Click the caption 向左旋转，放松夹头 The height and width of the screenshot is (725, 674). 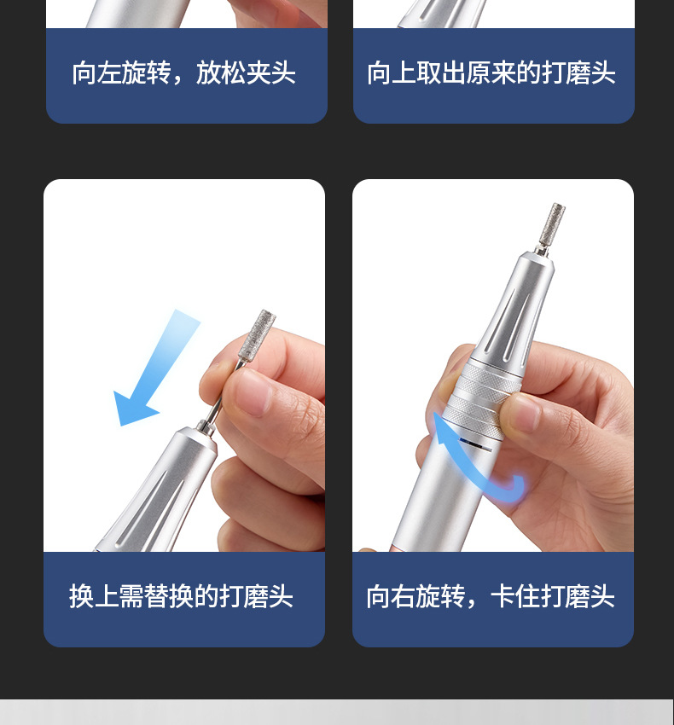coord(184,73)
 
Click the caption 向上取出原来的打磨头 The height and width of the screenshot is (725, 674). coord(491,73)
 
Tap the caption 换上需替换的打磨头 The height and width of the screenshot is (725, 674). coord(181,596)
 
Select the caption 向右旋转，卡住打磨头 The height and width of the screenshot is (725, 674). coord(491,596)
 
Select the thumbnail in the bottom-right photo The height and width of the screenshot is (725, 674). coord(520,413)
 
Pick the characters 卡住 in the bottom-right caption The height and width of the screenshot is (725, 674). coord(515,596)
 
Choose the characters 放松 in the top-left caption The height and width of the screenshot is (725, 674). coord(221,73)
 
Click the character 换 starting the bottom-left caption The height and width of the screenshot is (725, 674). coord(81,596)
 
